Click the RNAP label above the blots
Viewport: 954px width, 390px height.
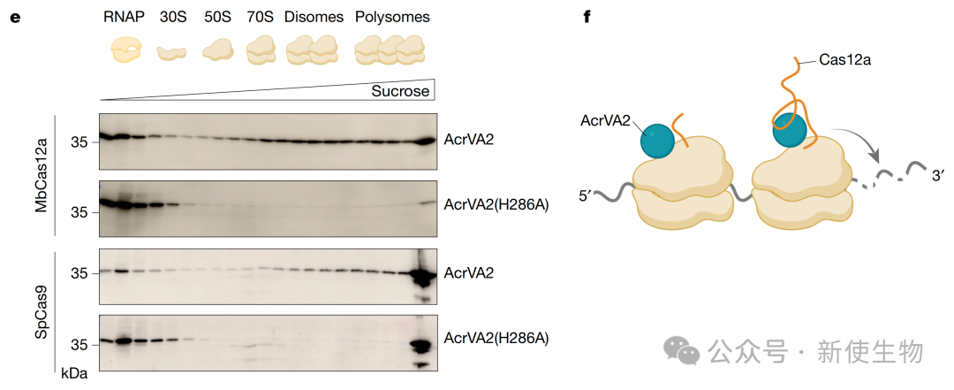coord(125,17)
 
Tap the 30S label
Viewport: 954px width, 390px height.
coord(172,17)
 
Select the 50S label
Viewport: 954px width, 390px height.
coord(217,17)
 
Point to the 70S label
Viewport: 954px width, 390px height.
coord(260,17)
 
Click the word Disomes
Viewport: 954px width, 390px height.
coord(314,17)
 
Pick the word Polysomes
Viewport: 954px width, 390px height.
coord(392,17)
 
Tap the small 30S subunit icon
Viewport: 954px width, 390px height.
coord(171,53)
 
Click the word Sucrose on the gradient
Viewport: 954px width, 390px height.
coord(401,92)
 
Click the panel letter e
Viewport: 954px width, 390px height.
coord(15,17)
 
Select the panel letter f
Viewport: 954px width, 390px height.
coord(587,17)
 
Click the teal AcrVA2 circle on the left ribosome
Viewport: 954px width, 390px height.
coord(657,142)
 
